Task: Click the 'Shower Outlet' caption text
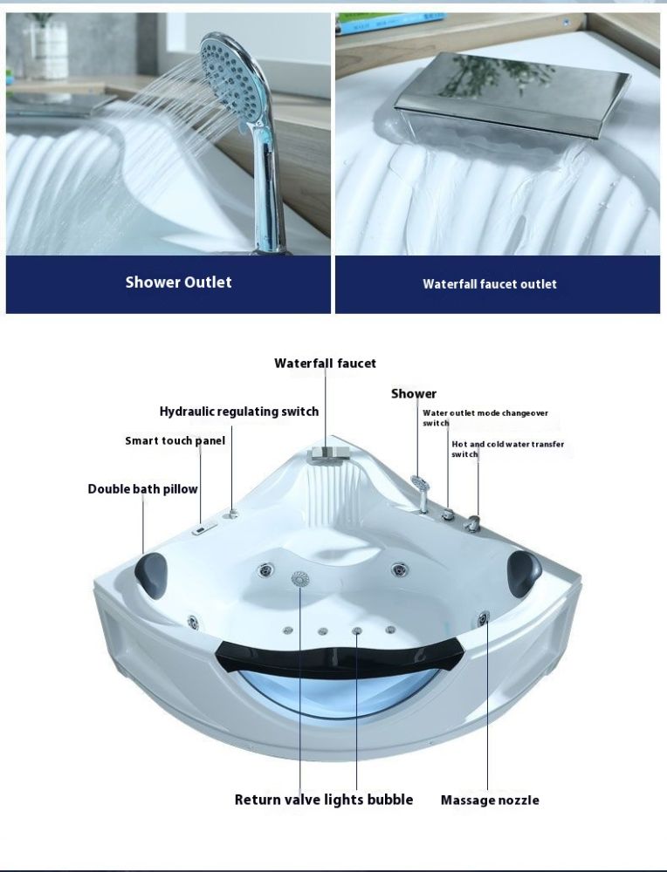pos(178,282)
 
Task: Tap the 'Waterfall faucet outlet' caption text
pos(490,283)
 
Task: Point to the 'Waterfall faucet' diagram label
pos(325,363)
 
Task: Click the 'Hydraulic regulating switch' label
pos(239,412)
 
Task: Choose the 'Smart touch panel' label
pos(175,440)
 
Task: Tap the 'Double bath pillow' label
pos(142,489)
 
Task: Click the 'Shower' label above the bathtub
pos(414,394)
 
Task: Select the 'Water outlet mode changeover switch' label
pos(485,418)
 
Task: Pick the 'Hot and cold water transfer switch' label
pos(507,449)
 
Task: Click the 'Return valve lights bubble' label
pos(324,800)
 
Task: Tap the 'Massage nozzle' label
pos(490,800)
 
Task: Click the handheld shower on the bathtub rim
pos(420,493)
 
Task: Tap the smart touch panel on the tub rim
pos(204,529)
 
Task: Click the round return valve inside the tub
pos(299,578)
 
